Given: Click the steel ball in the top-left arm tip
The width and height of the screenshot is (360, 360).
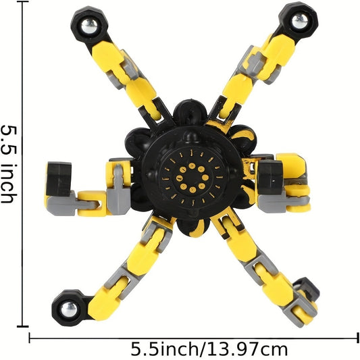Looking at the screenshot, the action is point(89,26).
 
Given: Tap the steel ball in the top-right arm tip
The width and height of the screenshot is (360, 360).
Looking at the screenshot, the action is point(300,21).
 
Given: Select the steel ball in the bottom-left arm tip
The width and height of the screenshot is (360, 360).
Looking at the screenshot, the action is point(69,309).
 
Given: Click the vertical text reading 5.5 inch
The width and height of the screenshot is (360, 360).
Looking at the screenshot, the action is point(9,164).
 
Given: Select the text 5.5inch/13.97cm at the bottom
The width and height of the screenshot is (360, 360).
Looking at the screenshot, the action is point(209,349).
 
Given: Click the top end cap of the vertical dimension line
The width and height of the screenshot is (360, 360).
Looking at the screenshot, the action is point(22,1).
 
